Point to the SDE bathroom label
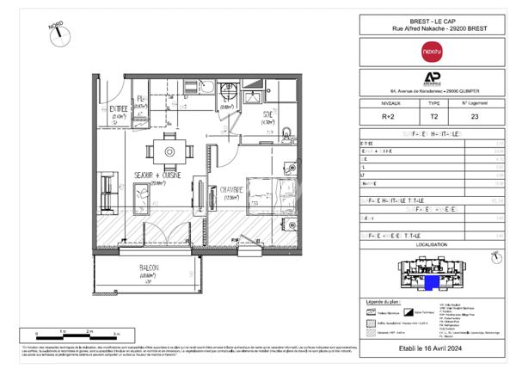pos(268,114)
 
